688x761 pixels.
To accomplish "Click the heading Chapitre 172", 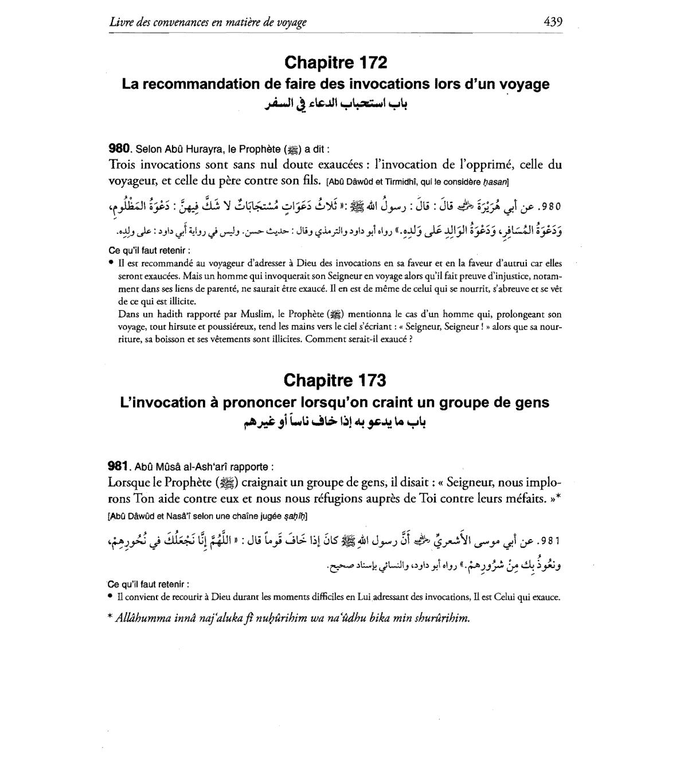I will coord(335,62).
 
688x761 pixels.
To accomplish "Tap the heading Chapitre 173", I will coord(335,380).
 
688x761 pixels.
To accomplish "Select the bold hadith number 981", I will coord(120,466).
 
